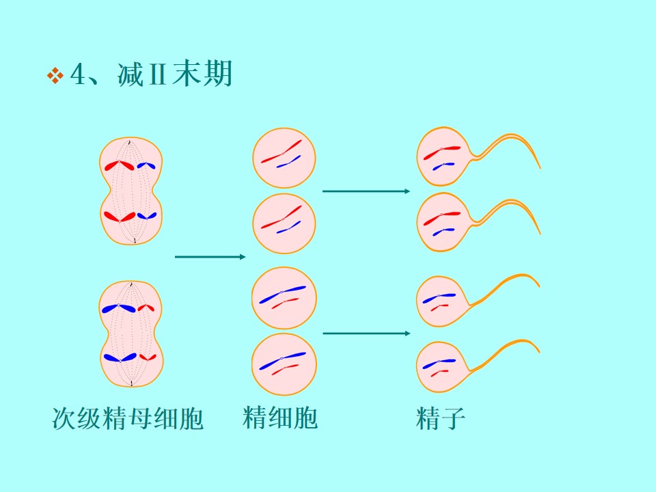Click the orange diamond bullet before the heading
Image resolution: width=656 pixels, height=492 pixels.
coord(55,76)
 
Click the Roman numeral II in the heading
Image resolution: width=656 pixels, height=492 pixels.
coord(157,74)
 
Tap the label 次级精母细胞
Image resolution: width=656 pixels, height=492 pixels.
coord(128,418)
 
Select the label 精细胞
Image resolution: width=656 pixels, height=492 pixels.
coord(280,417)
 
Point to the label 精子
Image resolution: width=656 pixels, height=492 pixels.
coord(441,418)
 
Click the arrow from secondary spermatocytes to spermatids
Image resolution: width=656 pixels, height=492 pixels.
coord(210,256)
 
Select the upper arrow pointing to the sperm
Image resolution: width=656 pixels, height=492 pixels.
coord(366,191)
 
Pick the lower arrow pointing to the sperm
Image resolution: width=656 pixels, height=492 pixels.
coord(366,333)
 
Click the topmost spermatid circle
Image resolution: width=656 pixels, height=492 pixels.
coord(284,158)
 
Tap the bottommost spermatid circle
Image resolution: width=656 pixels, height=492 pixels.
coord(284,364)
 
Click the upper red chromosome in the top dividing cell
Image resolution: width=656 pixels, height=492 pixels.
coord(119,165)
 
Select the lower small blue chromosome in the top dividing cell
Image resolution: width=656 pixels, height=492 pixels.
coord(147,216)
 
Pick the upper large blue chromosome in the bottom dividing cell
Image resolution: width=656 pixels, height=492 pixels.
coord(119,308)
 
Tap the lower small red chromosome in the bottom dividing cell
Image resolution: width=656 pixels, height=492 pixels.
coord(148,357)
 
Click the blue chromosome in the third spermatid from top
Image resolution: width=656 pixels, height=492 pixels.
coord(282,294)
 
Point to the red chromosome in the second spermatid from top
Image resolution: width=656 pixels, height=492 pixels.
coord(282,217)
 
